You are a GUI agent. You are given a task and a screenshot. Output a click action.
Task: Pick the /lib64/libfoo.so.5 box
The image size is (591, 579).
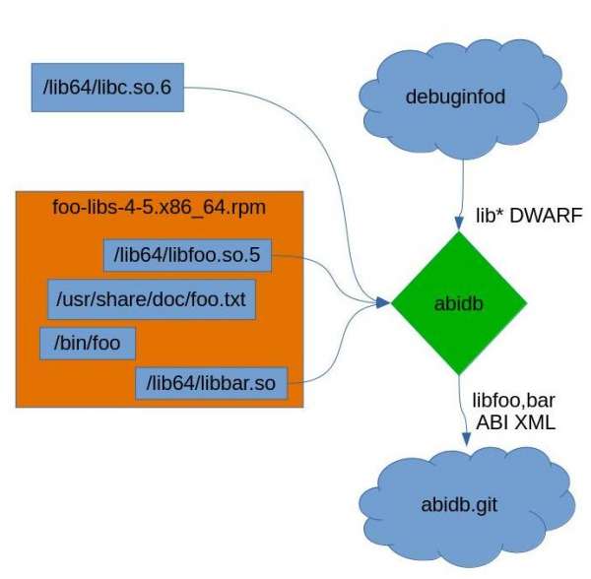[x=186, y=256]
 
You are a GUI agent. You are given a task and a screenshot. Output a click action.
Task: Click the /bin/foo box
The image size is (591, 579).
[x=87, y=344]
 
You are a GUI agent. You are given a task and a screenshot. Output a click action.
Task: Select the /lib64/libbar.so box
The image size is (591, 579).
[x=210, y=381]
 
